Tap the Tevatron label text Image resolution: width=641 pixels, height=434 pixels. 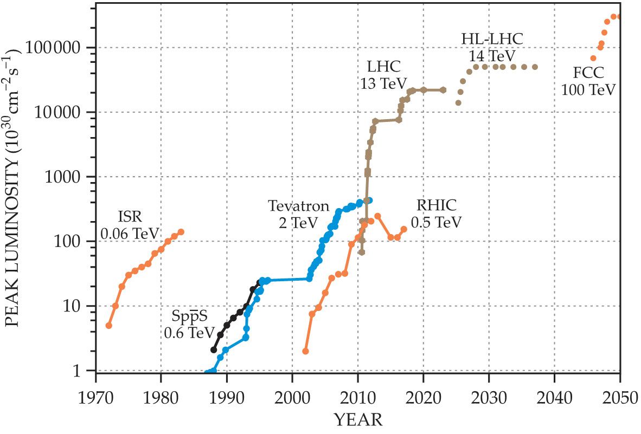coord(299,206)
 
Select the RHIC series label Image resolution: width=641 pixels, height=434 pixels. coord(437,205)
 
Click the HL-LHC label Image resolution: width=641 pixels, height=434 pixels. coord(488,39)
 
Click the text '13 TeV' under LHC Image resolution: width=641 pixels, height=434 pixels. coord(383,83)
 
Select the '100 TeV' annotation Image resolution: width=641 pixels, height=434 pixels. coord(588,89)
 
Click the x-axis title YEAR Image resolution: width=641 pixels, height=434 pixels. coord(357,419)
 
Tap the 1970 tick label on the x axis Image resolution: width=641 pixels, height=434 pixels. coord(95,391)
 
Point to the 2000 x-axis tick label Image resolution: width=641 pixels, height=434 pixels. coord(292,391)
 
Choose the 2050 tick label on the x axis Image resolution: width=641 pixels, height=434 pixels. coord(619,391)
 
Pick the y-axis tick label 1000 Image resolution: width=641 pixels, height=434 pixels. coord(73,177)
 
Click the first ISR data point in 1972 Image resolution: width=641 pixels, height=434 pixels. coord(109,326)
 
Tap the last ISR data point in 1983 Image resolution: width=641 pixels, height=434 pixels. coord(181,232)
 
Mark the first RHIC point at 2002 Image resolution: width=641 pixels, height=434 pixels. coord(305,351)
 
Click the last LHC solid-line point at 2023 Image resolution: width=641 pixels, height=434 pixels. coord(443,90)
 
